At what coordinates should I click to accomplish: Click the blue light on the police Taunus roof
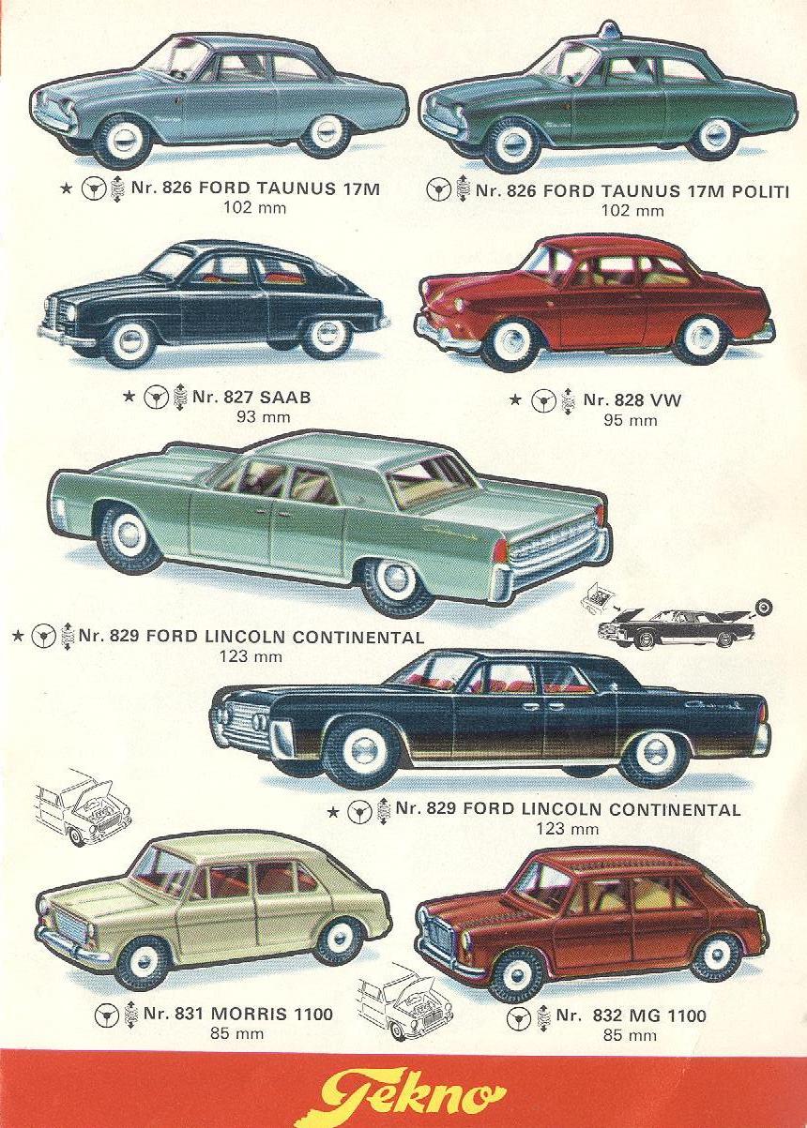[x=610, y=30]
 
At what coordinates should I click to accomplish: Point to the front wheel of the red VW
[x=511, y=343]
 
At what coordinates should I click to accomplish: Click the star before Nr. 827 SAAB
[x=129, y=398]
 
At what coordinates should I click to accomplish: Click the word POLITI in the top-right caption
[x=758, y=191]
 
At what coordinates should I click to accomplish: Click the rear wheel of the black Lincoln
[x=654, y=755]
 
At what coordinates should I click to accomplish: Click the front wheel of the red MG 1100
[x=515, y=972]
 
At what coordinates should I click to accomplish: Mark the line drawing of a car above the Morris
[x=83, y=807]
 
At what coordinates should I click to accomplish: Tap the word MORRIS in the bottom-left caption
[x=246, y=1015]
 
